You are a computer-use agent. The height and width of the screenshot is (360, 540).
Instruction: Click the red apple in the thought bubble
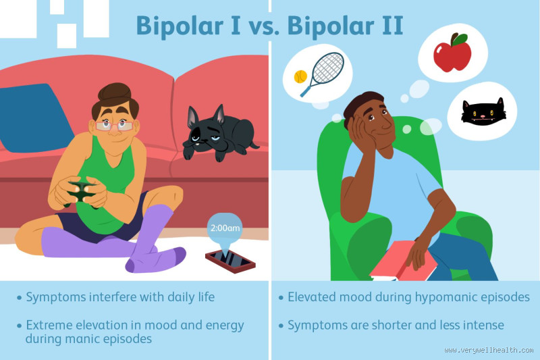452,53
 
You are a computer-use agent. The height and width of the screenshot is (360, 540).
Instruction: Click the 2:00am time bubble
225,228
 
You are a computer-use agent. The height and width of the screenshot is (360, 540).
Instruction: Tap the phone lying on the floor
230,258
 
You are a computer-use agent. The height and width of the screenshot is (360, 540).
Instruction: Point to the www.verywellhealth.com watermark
489,351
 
